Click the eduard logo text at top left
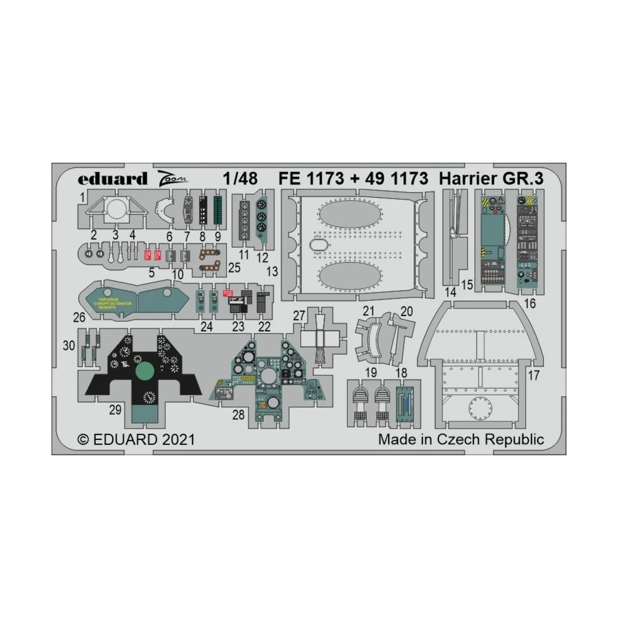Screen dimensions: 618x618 click(x=112, y=179)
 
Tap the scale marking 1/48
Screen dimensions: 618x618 click(x=241, y=178)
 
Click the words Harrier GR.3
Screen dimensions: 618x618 click(x=491, y=178)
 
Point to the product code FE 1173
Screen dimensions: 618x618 click(x=311, y=178)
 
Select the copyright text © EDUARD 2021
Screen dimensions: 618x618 click(x=136, y=439)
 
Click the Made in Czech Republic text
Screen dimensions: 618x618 click(x=461, y=439)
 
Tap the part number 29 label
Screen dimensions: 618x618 click(x=115, y=409)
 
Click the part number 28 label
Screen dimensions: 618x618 click(x=238, y=414)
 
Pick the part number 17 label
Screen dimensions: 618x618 click(x=534, y=375)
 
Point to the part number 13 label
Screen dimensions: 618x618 click(x=271, y=271)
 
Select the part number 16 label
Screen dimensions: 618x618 click(x=529, y=303)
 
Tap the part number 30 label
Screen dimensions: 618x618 click(x=69, y=346)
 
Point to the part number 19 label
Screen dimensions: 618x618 click(x=371, y=372)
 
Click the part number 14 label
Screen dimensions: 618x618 click(x=451, y=293)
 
